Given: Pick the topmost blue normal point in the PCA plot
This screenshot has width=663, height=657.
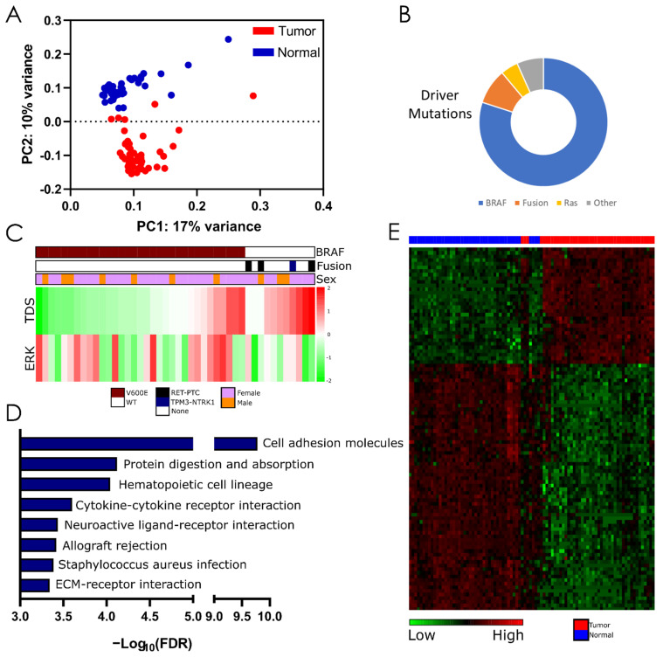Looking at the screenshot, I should point(228,39).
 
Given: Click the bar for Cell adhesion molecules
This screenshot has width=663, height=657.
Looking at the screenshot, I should point(106,443).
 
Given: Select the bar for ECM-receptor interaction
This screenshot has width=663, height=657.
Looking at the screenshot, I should point(35,584).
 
